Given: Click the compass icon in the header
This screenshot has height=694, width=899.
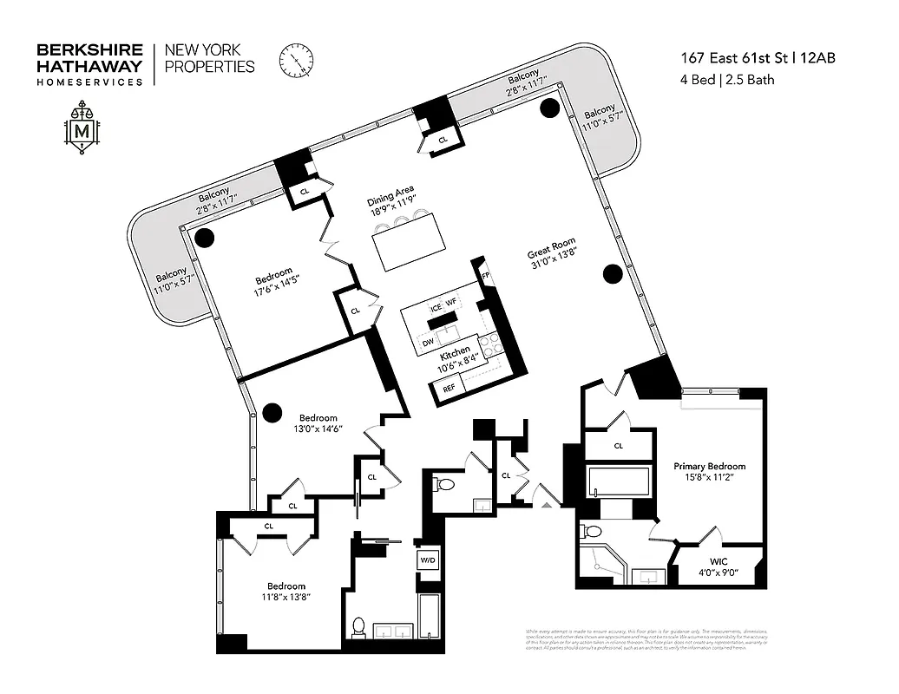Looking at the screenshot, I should [296, 61].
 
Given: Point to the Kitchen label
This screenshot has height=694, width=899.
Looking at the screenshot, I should [454, 356].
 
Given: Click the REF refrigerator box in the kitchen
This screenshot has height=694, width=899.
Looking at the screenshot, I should [449, 389].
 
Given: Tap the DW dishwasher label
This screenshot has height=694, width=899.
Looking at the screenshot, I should [428, 344].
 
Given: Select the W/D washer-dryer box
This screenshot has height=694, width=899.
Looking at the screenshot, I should [429, 560].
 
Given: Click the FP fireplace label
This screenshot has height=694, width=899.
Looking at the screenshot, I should [485, 276].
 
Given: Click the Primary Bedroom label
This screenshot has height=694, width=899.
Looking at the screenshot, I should [709, 466].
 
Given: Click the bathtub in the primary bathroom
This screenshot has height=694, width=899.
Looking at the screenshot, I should [619, 481].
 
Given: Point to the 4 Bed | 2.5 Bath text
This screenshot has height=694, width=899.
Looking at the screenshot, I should [727, 81].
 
